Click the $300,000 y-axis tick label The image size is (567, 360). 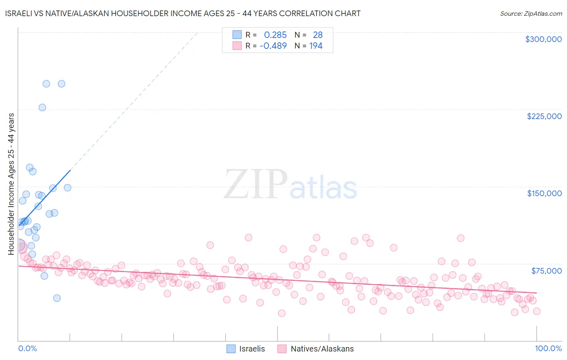tap(543, 39)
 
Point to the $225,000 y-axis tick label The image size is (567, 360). tap(544, 116)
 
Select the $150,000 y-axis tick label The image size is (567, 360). tap(544, 193)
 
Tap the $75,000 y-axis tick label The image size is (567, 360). tap(546, 271)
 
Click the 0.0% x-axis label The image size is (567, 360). tap(27, 348)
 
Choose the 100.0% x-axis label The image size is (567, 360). tap(548, 348)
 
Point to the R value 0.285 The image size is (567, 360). tap(275, 35)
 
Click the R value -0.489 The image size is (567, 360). tap(273, 46)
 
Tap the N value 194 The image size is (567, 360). tap(316, 46)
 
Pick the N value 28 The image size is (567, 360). tap(317, 35)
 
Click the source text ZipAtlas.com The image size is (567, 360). tap(531, 13)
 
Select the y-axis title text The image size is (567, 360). tap(11, 184)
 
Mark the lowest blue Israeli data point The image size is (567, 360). tap(57, 298)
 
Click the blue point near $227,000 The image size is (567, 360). tap(42, 107)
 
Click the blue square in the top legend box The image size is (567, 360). tap(237, 35)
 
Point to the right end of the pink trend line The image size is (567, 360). tap(537, 293)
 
